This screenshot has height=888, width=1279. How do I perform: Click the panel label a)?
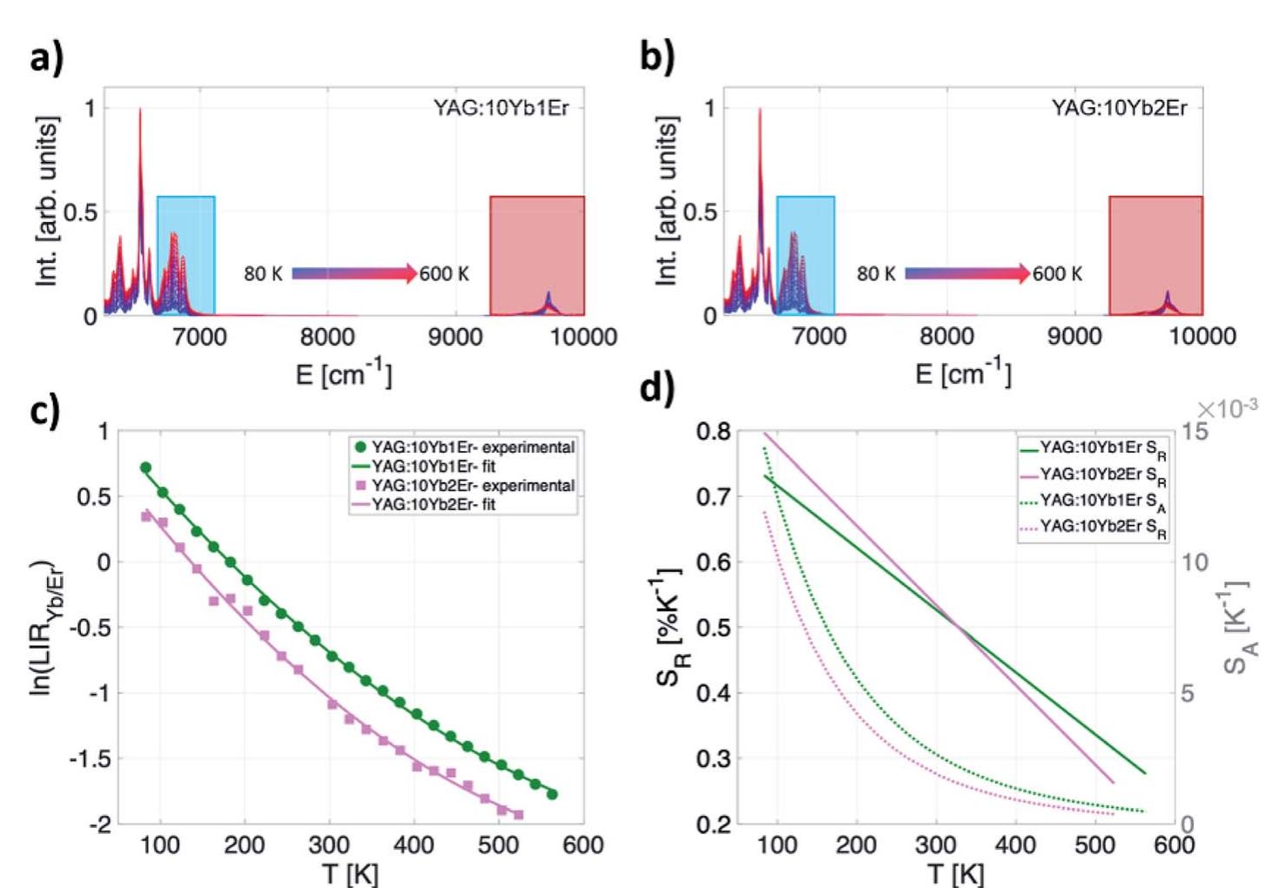click(x=45, y=58)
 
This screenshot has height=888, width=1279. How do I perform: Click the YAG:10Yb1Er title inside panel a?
click(x=501, y=108)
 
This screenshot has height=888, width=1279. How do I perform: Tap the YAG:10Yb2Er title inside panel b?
click(x=1119, y=109)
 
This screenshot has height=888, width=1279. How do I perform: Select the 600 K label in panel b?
click(x=1057, y=273)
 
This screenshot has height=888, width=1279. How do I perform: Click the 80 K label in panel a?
click(x=263, y=273)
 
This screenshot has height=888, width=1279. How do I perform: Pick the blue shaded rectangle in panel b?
click(x=805, y=254)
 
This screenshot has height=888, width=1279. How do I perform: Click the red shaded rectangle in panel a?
click(x=536, y=254)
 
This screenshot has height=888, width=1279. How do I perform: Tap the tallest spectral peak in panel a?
click(x=140, y=111)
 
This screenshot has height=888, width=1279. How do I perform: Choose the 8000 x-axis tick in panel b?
click(x=946, y=337)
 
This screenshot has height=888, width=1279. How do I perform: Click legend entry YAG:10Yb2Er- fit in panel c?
click(x=433, y=504)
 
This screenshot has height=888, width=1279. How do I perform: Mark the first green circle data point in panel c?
click(x=145, y=468)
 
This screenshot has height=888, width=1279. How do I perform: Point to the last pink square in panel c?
click(x=518, y=814)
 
